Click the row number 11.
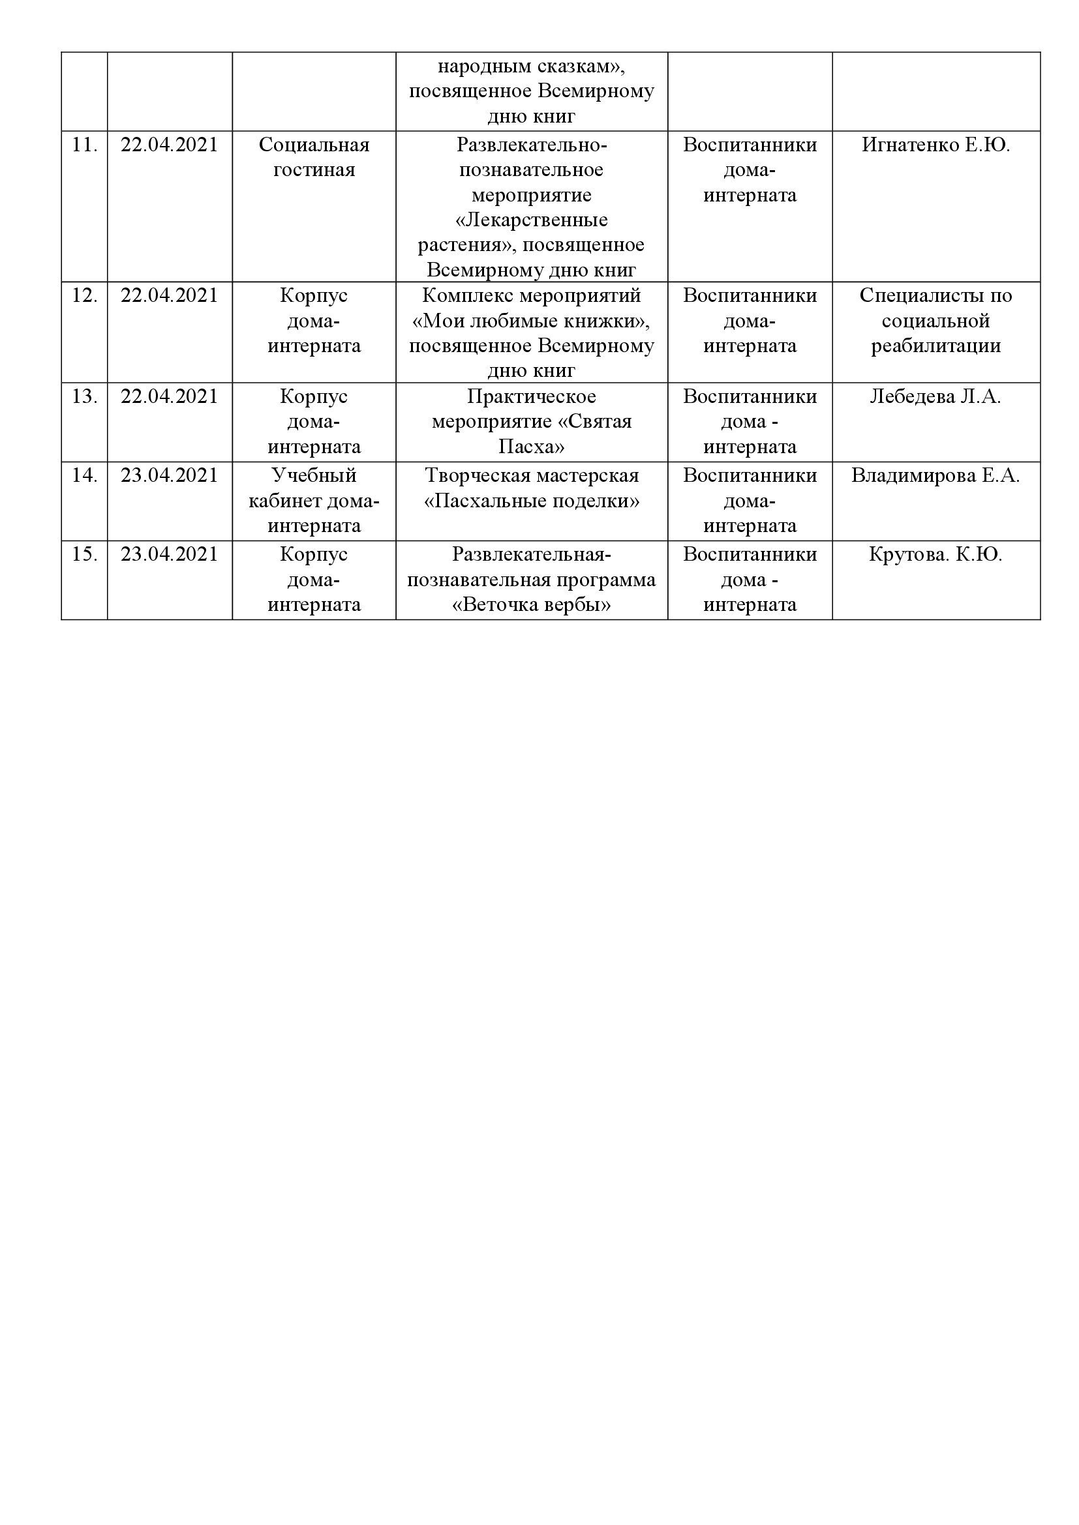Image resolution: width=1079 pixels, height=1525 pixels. (x=84, y=145)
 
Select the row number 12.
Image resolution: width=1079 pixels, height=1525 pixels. (x=84, y=295)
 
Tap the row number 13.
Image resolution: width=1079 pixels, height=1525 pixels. (x=84, y=396)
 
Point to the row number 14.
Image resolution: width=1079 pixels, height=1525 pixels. (x=84, y=475)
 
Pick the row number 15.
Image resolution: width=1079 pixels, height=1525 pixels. (x=84, y=555)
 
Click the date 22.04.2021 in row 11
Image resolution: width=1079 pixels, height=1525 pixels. (x=170, y=145)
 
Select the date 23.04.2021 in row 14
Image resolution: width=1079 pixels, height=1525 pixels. (x=170, y=475)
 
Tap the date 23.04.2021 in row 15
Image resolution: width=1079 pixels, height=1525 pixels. (x=170, y=555)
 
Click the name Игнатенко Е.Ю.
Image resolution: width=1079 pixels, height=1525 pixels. (x=935, y=145)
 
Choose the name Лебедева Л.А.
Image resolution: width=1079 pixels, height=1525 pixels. (x=935, y=396)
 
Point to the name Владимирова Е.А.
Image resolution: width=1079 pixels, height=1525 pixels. (x=935, y=475)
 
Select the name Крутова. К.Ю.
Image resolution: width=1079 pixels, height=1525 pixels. (x=935, y=555)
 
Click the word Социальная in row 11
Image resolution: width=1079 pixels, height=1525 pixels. (x=314, y=145)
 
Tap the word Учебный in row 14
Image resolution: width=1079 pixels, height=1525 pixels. (x=314, y=475)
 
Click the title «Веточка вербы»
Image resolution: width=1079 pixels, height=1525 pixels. (x=532, y=605)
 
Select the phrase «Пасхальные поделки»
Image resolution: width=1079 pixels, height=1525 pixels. (x=532, y=501)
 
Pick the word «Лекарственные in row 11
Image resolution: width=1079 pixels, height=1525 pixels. (x=532, y=220)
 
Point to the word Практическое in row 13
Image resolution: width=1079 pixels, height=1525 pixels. (x=532, y=396)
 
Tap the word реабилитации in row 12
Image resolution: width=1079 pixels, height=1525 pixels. (x=935, y=346)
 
